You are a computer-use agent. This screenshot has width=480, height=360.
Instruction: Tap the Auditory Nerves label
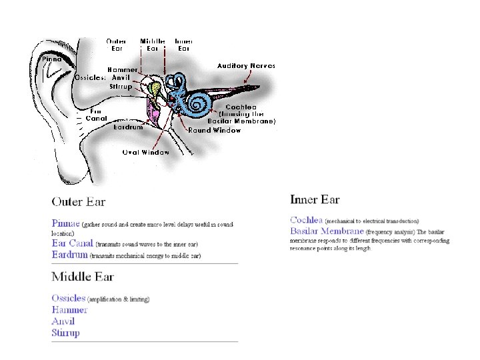[246, 65]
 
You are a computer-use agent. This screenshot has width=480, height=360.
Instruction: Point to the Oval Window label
[145, 152]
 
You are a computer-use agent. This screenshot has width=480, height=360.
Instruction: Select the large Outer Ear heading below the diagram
[79, 201]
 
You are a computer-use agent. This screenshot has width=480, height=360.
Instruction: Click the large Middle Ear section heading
[83, 277]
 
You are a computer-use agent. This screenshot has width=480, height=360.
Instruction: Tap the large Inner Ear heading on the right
[315, 199]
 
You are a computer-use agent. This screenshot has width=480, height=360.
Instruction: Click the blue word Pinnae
[65, 224]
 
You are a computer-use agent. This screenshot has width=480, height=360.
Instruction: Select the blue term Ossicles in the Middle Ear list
[69, 299]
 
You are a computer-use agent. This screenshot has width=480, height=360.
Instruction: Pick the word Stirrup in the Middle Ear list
[65, 333]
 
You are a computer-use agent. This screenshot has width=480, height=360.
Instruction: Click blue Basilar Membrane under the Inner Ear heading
[327, 231]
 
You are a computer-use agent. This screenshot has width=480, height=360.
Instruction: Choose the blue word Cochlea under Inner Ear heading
[306, 220]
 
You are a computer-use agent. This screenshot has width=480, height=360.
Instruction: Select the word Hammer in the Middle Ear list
[69, 310]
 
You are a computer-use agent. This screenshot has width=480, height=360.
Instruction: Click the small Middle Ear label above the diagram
[153, 44]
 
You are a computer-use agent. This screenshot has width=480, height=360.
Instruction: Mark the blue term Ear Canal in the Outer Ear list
[72, 243]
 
